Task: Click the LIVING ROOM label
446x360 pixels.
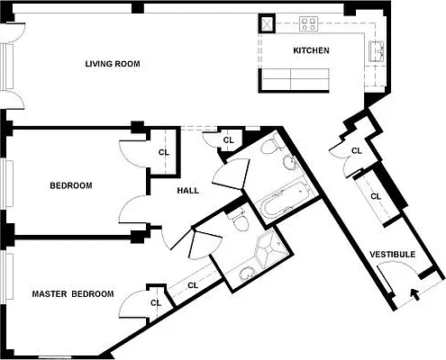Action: [x=113, y=64]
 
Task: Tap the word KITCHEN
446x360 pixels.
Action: [x=311, y=50]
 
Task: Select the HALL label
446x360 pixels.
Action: [x=188, y=190]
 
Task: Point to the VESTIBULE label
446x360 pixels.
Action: [x=393, y=255]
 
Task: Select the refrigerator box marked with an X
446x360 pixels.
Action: [x=269, y=24]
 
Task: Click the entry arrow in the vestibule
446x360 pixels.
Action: [x=414, y=292]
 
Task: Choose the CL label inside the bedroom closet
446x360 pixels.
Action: [x=164, y=152]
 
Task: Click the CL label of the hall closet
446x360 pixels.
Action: [x=228, y=139]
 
